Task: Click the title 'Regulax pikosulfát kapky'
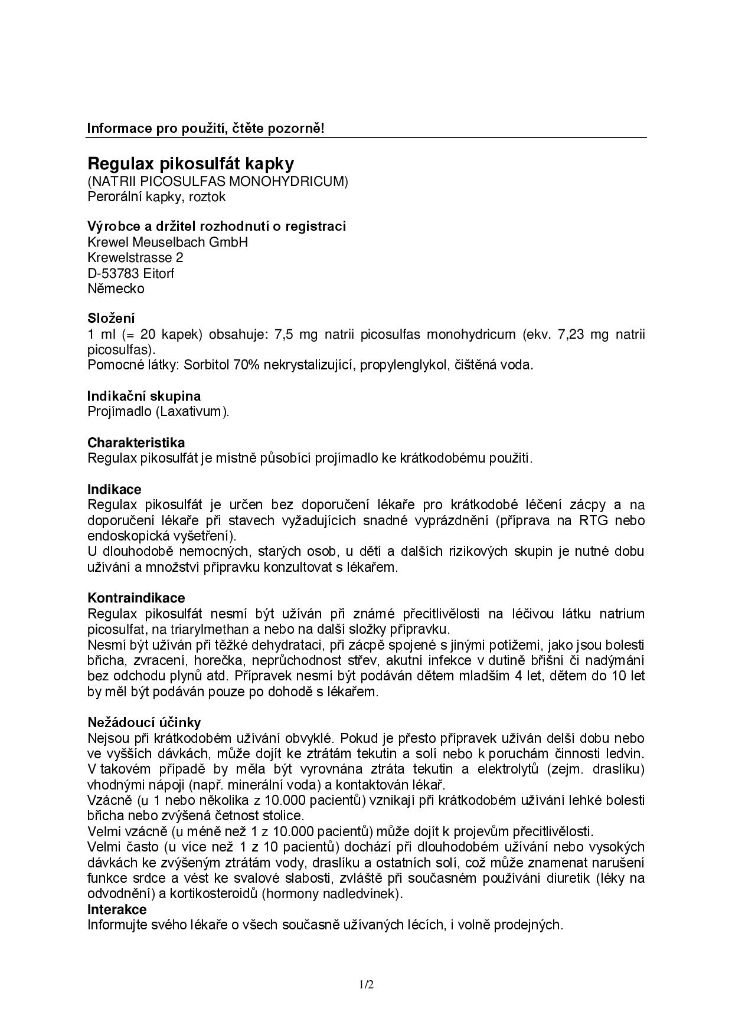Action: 190,163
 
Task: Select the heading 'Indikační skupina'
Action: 144,396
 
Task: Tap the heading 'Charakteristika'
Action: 136,443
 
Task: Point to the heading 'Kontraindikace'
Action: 136,598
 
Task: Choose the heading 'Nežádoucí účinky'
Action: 144,722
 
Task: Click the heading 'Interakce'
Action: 117,909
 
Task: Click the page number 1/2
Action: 366,985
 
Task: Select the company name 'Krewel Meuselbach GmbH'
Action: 168,242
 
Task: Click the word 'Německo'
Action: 116,289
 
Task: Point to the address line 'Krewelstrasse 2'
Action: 135,257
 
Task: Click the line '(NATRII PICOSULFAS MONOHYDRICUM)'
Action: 218,181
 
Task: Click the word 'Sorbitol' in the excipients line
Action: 207,365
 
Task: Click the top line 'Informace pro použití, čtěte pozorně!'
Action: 205,128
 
